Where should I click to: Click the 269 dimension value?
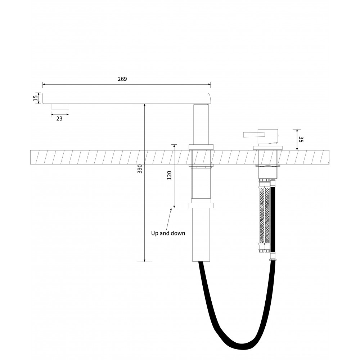point(122,79)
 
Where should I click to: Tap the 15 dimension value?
point(35,98)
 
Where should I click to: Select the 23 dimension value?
point(59,119)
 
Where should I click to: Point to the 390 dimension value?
point(140,169)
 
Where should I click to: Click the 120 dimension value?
point(170,175)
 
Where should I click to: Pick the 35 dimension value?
point(301,139)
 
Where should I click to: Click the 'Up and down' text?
point(168,233)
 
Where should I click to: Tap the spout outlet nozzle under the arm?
point(60,106)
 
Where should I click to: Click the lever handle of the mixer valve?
point(251,135)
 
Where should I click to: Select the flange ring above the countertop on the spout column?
point(201,147)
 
